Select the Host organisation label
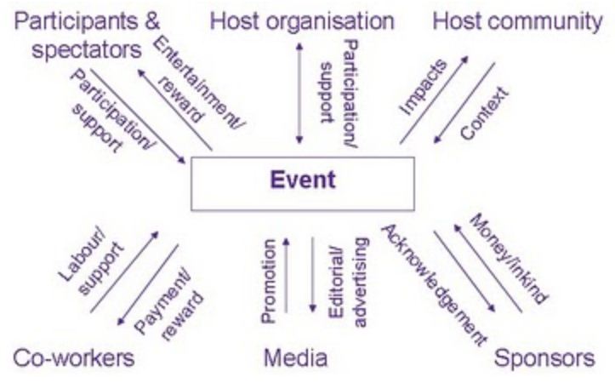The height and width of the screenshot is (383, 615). (x=302, y=20)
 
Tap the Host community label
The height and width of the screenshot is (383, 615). (x=516, y=20)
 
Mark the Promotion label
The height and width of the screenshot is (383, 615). (x=269, y=280)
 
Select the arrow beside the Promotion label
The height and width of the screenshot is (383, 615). (x=287, y=276)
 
